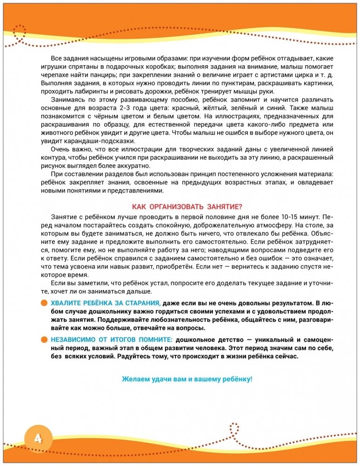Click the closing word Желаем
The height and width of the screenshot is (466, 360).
(134, 379)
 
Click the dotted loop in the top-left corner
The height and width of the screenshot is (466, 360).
(19, 33)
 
